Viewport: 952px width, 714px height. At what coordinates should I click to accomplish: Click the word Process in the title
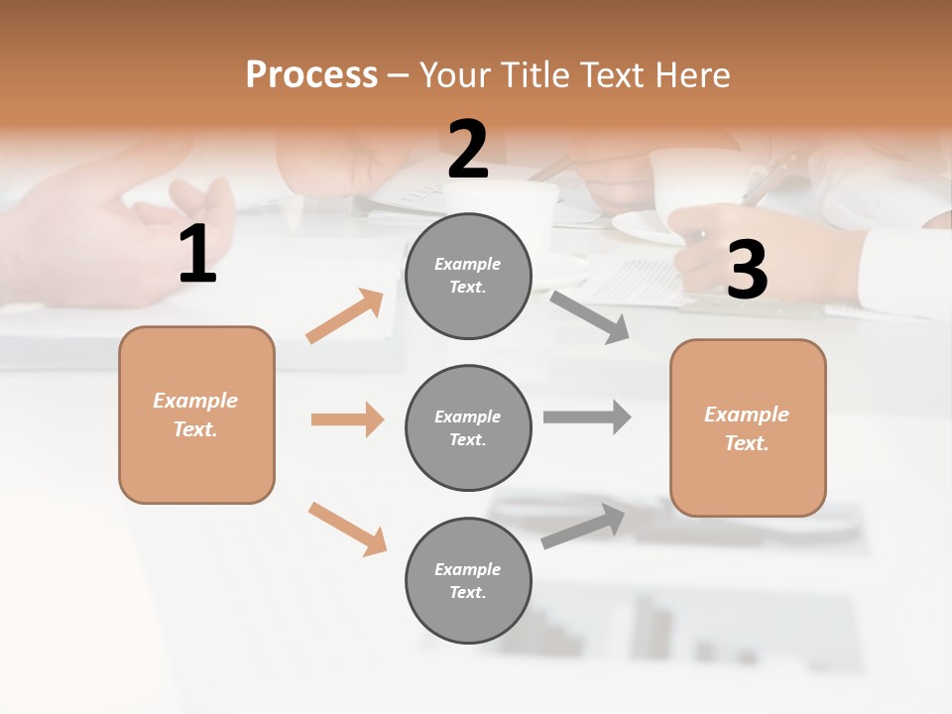point(311,75)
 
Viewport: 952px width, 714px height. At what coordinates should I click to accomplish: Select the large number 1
point(197,255)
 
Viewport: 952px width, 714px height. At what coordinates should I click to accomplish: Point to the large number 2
point(468,150)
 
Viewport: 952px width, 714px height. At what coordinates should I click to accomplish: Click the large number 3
point(747,270)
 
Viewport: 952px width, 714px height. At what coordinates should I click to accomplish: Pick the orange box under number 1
point(196,415)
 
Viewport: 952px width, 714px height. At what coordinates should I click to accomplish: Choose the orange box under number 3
point(748,428)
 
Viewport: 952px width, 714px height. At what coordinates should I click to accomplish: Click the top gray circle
point(468,276)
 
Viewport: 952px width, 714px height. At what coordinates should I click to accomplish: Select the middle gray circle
point(468,428)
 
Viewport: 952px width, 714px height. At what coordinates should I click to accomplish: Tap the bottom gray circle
point(468,581)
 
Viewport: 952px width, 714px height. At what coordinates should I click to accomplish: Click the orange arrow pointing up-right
point(345,316)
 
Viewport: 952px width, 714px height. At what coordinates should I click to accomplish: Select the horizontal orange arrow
point(347,419)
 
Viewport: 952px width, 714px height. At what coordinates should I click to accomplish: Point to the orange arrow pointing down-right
point(347,529)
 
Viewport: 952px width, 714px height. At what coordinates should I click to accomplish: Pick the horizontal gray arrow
point(587,416)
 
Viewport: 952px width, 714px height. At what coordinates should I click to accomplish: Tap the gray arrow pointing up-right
point(583,527)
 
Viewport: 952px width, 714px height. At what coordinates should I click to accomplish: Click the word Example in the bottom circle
point(468,569)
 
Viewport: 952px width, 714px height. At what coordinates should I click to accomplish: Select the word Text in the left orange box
point(194,429)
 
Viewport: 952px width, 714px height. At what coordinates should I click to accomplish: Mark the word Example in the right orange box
point(747,415)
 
